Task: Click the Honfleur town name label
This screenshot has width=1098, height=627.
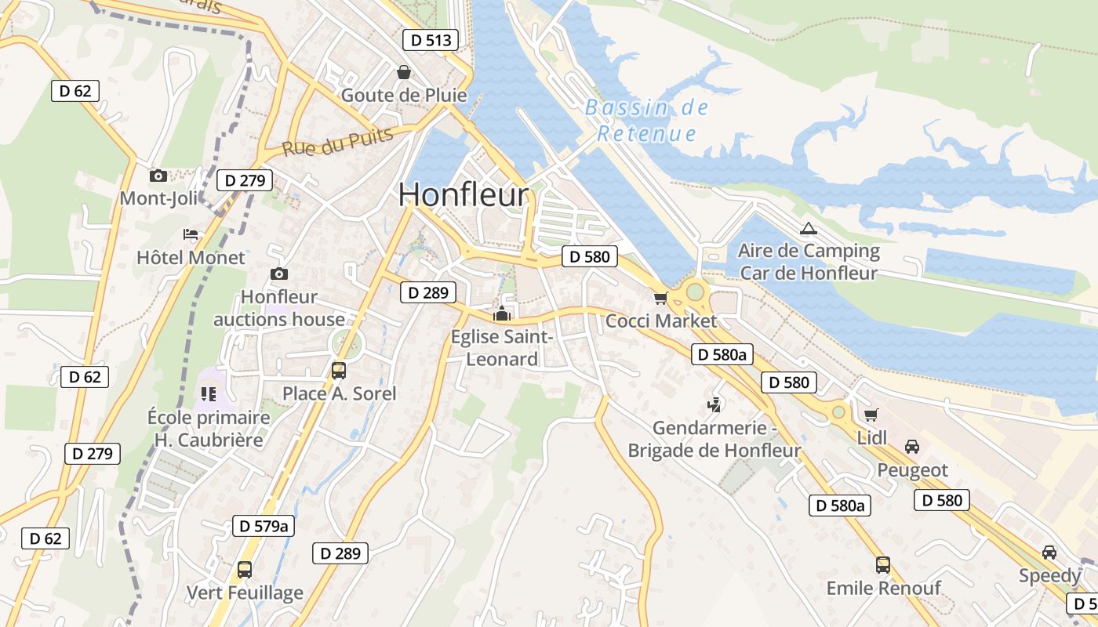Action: click(x=464, y=195)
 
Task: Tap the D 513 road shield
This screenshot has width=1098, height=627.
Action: click(x=430, y=41)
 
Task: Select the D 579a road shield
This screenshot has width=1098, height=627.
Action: click(x=264, y=526)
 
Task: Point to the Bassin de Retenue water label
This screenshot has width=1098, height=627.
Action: click(x=647, y=121)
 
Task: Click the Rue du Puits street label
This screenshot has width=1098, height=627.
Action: click(x=337, y=142)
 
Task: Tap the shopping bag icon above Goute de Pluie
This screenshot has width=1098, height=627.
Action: click(x=404, y=73)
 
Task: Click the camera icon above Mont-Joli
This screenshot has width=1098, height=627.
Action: click(x=158, y=176)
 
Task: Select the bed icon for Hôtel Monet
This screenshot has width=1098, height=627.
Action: click(x=191, y=234)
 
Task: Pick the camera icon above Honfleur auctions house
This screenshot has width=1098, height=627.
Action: click(x=278, y=274)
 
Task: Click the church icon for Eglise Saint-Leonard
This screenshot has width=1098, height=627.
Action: click(x=501, y=314)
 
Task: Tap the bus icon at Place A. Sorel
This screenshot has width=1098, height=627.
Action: click(x=339, y=371)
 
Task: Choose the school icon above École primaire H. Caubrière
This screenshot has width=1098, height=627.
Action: click(x=208, y=393)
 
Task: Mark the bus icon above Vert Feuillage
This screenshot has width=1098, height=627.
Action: click(x=245, y=570)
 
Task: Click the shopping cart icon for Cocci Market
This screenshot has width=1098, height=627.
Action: click(x=660, y=298)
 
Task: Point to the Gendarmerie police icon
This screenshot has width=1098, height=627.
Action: click(x=714, y=405)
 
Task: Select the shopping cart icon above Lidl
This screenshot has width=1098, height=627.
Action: click(x=871, y=415)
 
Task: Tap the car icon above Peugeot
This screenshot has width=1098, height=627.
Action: click(x=912, y=447)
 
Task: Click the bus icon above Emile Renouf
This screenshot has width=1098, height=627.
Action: click(x=883, y=564)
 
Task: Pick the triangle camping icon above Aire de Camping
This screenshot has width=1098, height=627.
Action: click(x=808, y=229)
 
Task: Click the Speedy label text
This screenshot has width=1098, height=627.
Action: click(x=1049, y=576)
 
